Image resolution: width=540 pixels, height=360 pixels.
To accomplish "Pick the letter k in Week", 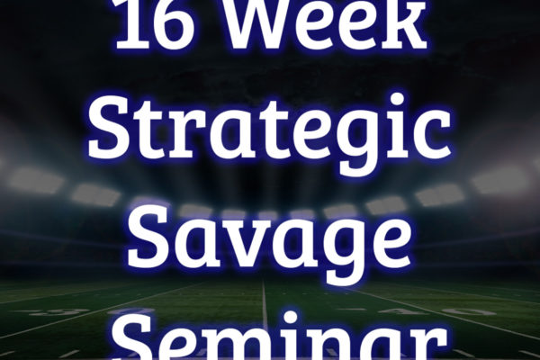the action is [408, 24].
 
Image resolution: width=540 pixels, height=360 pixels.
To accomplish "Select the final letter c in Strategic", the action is [433, 138].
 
